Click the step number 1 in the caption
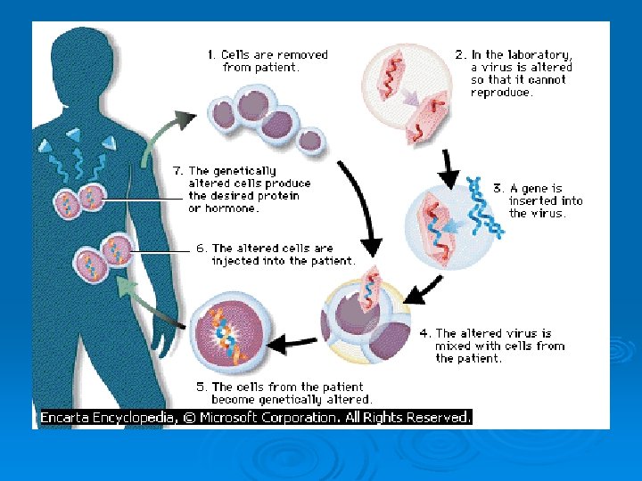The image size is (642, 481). pyautogui.click(x=210, y=55)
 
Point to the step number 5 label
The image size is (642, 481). pyautogui.click(x=201, y=387)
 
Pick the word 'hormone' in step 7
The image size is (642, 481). pyautogui.click(x=234, y=208)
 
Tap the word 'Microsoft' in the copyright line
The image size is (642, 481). pyautogui.click(x=231, y=417)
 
